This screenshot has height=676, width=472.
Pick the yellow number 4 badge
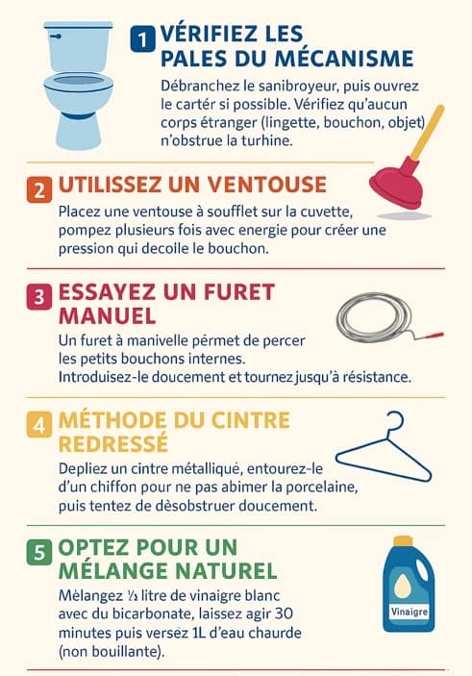39,424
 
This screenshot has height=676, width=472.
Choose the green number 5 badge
39,552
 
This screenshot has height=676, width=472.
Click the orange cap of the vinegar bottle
405,544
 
